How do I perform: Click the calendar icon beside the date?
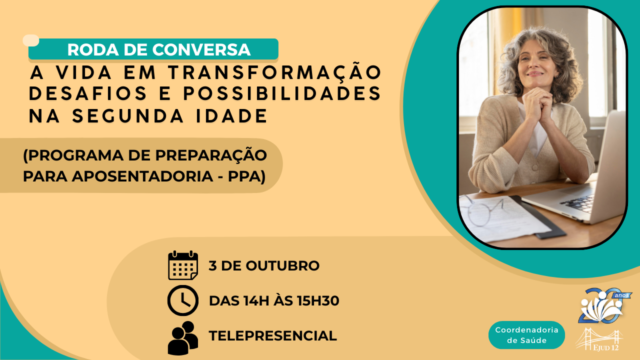click(183, 265)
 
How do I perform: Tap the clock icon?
click(183, 300)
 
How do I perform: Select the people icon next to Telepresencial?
click(183, 338)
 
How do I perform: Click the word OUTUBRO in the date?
click(282, 265)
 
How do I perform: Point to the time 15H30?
click(318, 300)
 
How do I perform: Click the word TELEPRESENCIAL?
click(273, 335)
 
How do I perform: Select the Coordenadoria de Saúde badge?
click(526, 335)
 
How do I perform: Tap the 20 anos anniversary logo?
click(603, 305)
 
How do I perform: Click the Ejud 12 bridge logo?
click(599, 339)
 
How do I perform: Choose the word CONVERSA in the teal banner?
click(201, 49)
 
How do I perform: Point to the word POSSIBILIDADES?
click(282, 93)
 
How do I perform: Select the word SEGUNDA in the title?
click(128, 115)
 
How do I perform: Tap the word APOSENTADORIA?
click(142, 176)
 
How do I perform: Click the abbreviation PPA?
click(244, 176)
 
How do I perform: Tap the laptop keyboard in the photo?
click(577, 203)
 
